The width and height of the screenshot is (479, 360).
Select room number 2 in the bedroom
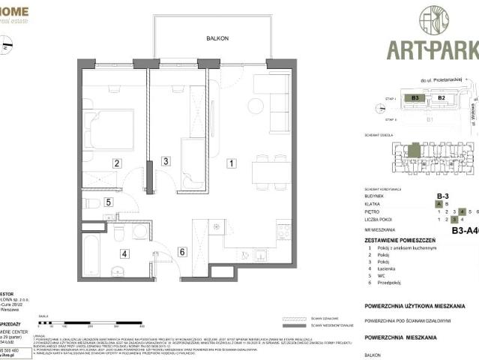coord(117,163)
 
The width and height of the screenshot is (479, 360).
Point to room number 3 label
coord(166,160)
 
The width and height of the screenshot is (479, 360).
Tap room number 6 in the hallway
coord(181,252)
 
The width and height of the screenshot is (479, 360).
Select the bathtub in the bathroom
coord(91,257)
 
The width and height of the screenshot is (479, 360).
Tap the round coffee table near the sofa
coord(255,106)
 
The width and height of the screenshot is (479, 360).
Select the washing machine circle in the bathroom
coord(140,232)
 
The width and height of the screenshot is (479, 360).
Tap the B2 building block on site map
coord(442,97)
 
